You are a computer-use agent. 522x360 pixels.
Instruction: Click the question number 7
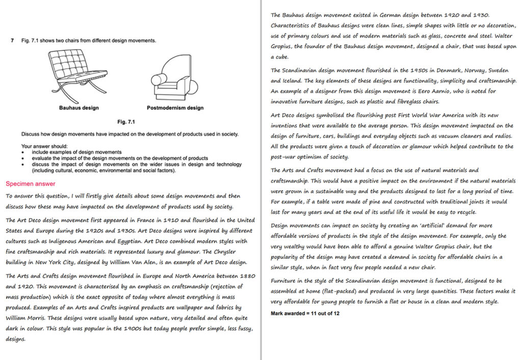12,40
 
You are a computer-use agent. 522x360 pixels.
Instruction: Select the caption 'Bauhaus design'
79,108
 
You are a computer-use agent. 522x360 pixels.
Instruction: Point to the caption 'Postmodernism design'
175,108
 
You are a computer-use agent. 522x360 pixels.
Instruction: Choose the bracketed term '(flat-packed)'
347,291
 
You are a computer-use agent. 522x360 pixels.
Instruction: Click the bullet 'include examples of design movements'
76,152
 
